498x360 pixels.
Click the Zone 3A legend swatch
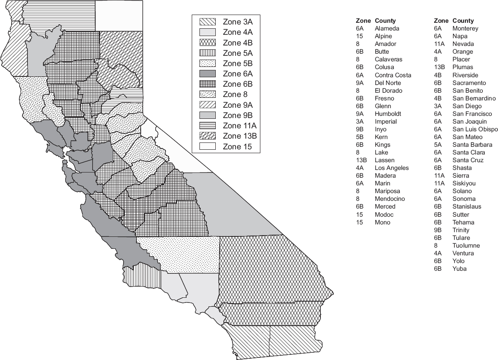208,22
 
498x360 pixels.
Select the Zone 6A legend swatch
208,74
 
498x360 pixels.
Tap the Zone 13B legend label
240,136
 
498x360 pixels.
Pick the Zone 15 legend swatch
208,147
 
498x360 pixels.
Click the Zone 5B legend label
238,64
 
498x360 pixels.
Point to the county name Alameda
387,28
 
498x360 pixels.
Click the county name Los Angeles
392,168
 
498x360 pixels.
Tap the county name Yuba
459,269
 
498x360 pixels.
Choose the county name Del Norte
388,82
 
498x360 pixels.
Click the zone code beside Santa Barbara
438,145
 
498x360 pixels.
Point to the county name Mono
382,222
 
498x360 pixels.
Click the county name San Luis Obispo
475,129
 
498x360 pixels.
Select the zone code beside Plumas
438,67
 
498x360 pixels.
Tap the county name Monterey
465,28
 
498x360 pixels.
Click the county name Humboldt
388,114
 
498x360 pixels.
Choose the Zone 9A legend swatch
208,105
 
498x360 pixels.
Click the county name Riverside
465,75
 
